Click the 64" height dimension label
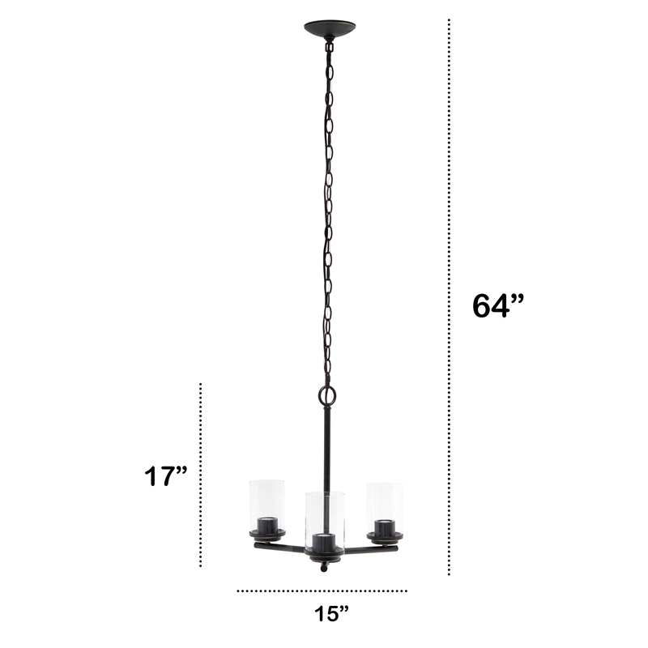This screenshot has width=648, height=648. click(x=497, y=306)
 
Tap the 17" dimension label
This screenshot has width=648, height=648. click(x=165, y=476)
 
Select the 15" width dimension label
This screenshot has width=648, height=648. click(x=331, y=613)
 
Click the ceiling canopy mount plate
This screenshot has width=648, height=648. click(x=330, y=28)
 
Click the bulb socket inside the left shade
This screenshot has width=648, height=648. click(x=267, y=526)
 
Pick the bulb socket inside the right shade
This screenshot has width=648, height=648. click(x=385, y=527)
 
